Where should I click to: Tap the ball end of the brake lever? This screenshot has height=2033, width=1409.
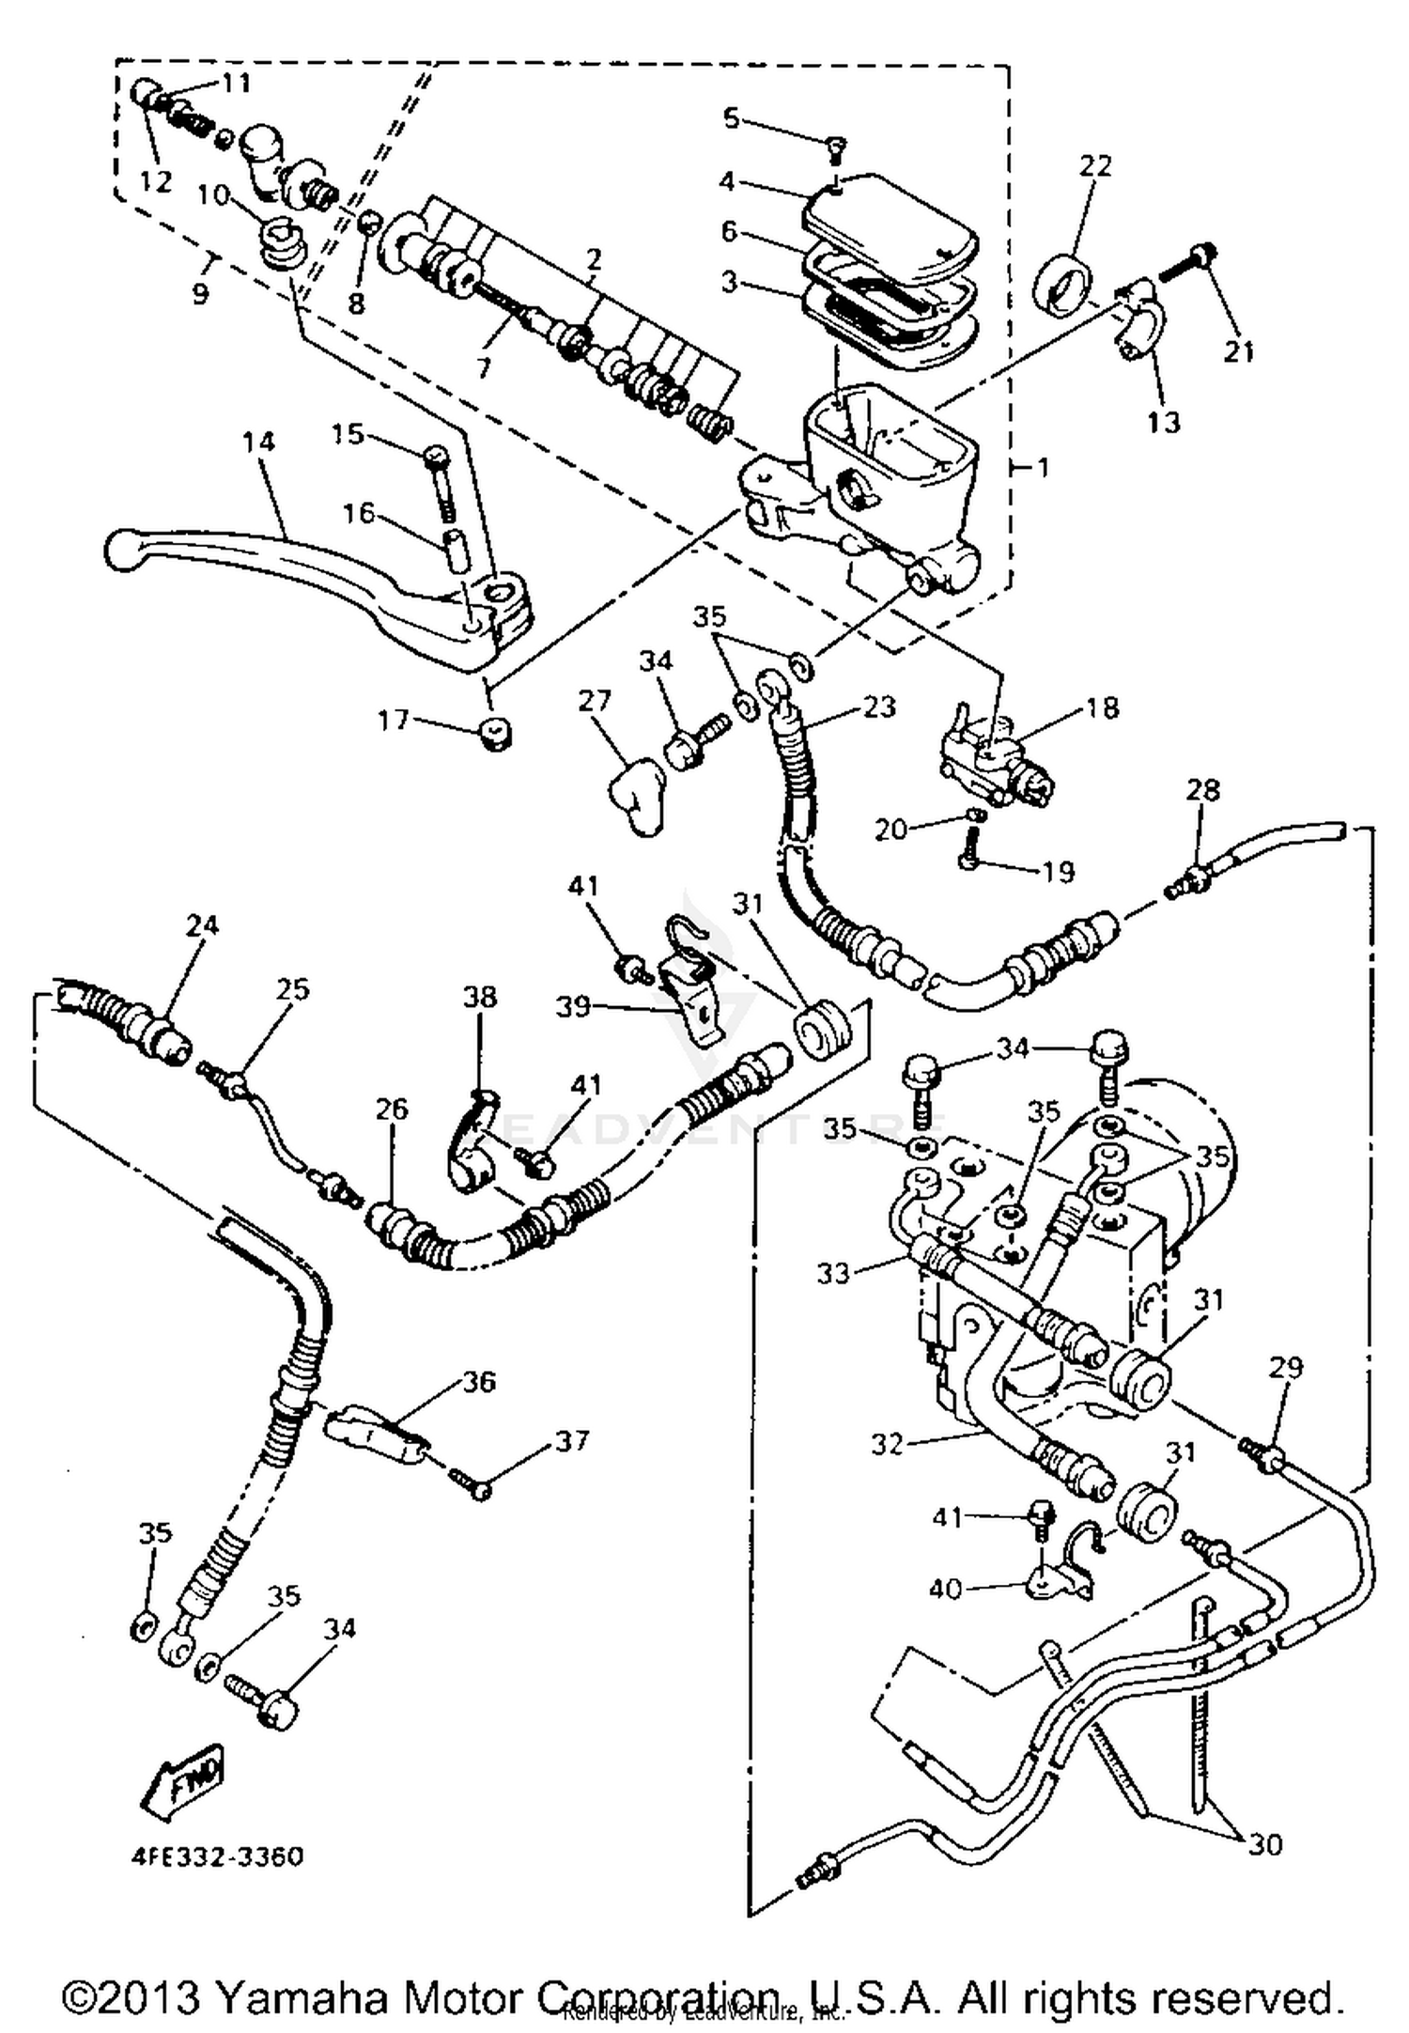tap(121, 550)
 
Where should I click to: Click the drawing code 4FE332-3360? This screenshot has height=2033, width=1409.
tap(217, 1857)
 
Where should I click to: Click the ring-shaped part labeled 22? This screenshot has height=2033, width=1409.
tap(1060, 279)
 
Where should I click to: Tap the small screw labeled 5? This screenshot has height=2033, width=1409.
tap(835, 144)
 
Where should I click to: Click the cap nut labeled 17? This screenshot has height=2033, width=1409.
tap(495, 733)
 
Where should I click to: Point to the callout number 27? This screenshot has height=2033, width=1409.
tap(596, 700)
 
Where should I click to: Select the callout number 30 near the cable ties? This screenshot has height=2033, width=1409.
tap(1265, 1845)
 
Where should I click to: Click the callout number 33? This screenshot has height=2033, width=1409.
tap(833, 1273)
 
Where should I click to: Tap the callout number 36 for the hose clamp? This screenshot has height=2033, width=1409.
tap(479, 1382)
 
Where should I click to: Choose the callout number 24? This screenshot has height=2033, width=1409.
tap(202, 925)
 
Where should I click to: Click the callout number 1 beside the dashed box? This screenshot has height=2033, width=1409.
tap(1043, 468)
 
